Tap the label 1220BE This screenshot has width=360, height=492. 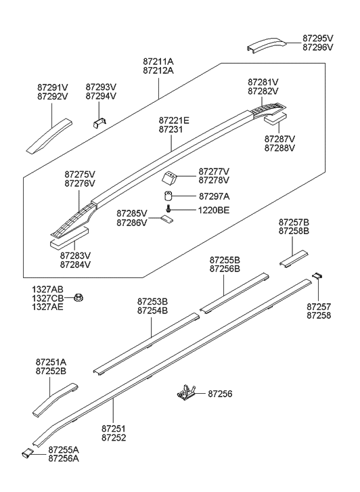[214, 210]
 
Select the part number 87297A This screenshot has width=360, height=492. [214, 196]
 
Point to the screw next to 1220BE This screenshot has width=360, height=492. [168, 210]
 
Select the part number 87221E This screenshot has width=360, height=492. [174, 120]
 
